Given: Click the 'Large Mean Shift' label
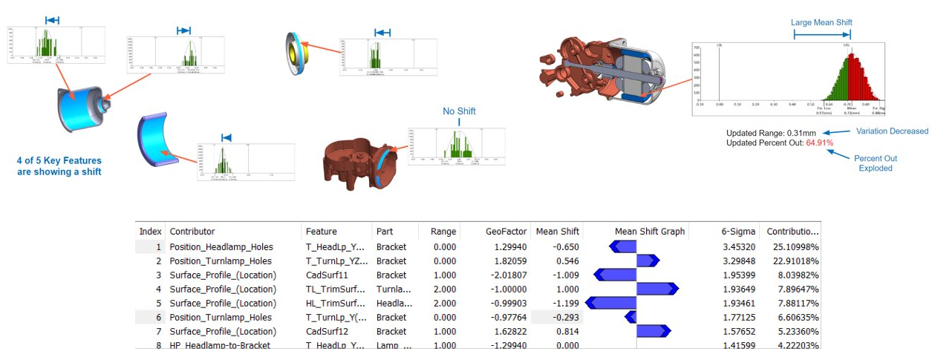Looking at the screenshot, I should tap(821, 22).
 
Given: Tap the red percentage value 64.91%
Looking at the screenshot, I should tap(819, 143).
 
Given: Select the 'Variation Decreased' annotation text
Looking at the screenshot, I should tap(892, 131).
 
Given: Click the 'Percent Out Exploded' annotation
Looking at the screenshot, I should tap(876, 163).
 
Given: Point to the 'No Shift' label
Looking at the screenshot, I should tap(459, 111).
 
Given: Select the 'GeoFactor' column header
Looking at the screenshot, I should tap(506, 232).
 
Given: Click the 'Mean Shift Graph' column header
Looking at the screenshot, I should tap(650, 232).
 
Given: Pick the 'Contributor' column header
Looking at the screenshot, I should tap(192, 232).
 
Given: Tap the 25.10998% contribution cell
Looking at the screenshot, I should tap(792, 246).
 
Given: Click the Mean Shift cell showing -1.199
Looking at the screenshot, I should tap(565, 303).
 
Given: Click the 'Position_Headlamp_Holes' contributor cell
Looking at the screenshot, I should tap(221, 246).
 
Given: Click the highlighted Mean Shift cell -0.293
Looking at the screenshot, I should tap(565, 317).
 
